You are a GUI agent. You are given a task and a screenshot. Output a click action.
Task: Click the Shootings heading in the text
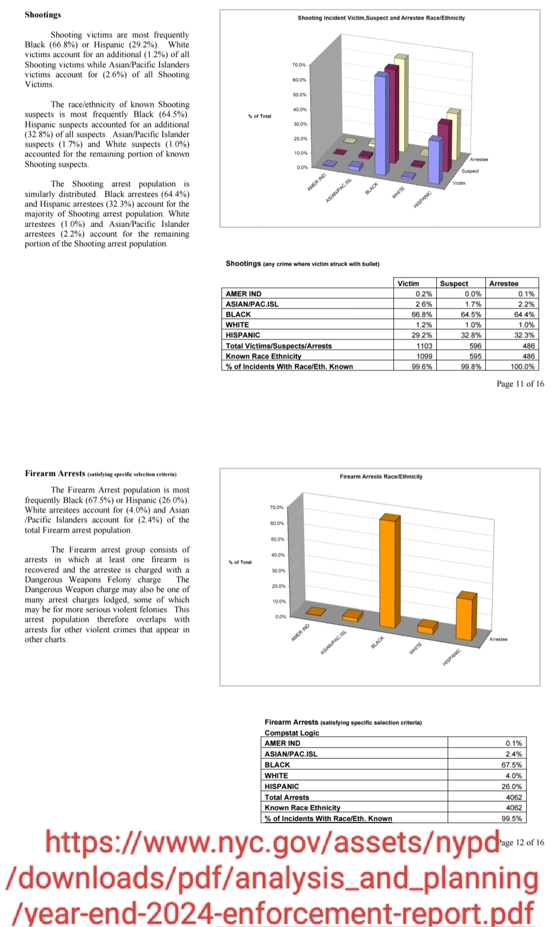(43, 15)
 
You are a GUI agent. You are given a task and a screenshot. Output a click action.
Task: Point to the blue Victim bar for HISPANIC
(434, 160)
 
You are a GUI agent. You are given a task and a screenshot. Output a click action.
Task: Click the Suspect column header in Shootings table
(454, 283)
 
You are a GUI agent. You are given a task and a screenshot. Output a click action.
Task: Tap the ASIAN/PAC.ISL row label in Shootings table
(252, 304)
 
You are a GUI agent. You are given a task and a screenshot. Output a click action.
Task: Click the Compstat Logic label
(292, 733)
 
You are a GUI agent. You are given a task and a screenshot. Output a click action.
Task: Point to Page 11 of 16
(520, 384)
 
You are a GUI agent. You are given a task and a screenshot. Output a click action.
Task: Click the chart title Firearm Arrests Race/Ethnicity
(381, 477)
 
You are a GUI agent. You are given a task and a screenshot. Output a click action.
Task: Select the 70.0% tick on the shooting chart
(299, 65)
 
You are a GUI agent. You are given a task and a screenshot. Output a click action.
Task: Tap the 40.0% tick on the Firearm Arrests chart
(278, 555)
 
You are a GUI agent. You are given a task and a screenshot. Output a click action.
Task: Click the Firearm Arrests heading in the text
(55, 474)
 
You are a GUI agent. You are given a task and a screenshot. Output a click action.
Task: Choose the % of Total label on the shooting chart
(259, 116)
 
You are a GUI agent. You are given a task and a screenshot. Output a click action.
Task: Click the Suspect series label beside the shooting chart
(470, 171)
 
